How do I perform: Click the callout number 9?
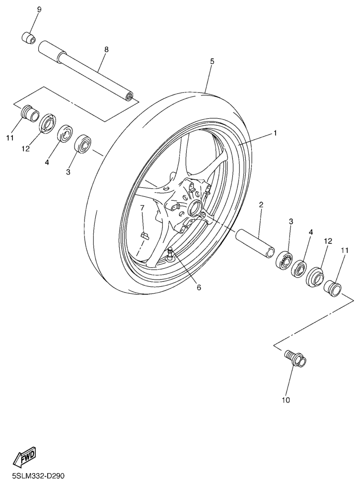39,9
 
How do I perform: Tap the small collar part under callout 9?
28,38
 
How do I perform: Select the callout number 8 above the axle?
107,49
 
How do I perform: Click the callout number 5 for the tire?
212,61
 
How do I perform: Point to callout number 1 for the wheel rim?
275,133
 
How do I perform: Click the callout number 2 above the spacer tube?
261,204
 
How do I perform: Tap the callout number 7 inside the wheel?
142,208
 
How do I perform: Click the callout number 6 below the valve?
199,288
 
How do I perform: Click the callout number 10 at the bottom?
286,400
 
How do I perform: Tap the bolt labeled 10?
295,358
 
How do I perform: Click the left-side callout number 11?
10,138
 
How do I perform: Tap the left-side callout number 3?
68,172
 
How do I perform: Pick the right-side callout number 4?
310,232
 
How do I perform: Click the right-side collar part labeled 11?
333,287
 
